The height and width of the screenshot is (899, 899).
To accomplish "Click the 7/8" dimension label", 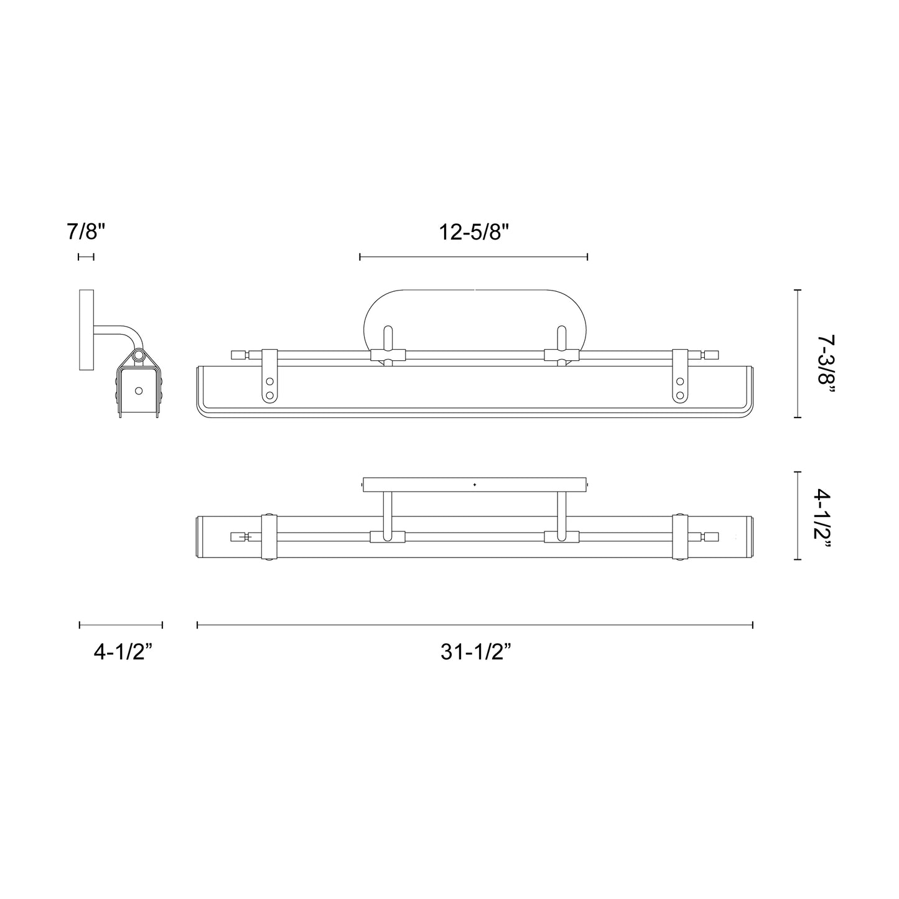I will [86, 233].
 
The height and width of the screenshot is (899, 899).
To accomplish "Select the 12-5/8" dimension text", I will [474, 233].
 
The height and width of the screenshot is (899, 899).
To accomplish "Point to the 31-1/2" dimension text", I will [476, 652].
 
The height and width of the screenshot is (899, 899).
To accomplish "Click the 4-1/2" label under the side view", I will [123, 652].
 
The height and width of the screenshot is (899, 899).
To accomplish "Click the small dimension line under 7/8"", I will [86, 256].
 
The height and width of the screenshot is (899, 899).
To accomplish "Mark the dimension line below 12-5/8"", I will [474, 256].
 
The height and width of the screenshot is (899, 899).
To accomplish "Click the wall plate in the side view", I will [86, 330].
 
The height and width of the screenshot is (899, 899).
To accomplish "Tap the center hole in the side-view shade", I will [138, 391].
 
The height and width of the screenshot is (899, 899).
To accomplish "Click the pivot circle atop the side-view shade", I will [138, 356].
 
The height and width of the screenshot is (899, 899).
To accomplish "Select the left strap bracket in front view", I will [269, 376].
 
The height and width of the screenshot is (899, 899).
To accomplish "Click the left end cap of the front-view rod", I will [238, 355].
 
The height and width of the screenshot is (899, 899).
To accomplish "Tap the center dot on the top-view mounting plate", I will [475, 484].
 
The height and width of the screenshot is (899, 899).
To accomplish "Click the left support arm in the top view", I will [387, 516].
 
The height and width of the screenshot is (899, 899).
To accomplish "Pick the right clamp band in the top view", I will [681, 537].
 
